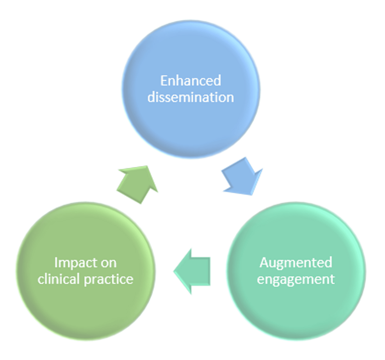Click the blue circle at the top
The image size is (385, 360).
pyautogui.click(x=191, y=89)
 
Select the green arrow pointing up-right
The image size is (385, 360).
pyautogui.click(x=137, y=183)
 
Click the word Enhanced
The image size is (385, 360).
pyautogui.click(x=191, y=81)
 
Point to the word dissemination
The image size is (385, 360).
pyautogui.click(x=191, y=97)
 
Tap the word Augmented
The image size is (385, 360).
pyautogui.click(x=296, y=262)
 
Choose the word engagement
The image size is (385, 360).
pyautogui.click(x=296, y=279)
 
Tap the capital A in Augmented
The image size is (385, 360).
pyautogui.click(x=264, y=262)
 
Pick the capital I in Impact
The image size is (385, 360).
pyautogui.click(x=56, y=262)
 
